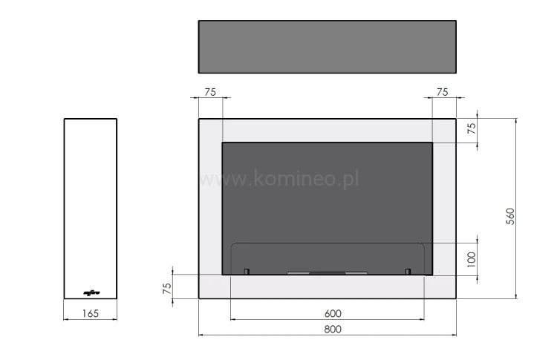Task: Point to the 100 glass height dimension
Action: (471, 259)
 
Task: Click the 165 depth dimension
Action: (90, 313)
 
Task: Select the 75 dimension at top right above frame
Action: (443, 92)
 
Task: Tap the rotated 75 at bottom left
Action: (167, 286)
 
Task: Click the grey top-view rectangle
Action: (327, 47)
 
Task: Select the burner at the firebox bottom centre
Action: (327, 272)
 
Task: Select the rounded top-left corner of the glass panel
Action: (234, 246)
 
